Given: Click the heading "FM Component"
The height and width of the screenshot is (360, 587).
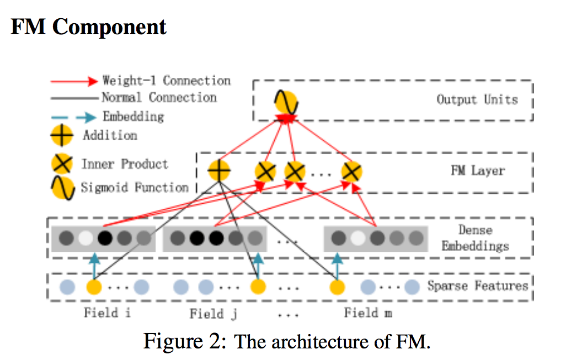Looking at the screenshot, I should point(88,27).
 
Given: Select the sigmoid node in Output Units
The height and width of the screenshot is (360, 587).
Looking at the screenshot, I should point(286,103).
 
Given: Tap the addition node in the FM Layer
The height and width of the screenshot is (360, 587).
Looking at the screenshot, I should point(219,171).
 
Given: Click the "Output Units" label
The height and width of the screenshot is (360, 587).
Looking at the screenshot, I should point(477,100).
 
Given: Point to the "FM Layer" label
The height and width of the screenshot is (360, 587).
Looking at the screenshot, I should point(477,170).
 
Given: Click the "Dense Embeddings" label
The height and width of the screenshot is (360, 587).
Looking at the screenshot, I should point(475,238).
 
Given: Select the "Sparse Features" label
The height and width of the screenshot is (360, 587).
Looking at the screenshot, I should point(478,286).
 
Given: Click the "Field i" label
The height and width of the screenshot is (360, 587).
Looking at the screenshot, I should point(108,313).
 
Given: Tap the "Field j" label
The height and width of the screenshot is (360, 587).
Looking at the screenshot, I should point(214,314).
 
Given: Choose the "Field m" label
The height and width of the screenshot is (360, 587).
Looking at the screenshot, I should point(368,313).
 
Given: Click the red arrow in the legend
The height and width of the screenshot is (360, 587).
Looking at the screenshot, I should point(74,82).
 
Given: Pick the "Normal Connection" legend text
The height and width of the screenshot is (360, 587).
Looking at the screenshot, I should point(159,98).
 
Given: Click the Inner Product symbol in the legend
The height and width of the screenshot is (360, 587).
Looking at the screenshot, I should point(62,165).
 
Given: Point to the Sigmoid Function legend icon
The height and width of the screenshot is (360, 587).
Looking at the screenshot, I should point(62,189).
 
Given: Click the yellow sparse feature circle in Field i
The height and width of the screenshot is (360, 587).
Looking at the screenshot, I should point(94,287).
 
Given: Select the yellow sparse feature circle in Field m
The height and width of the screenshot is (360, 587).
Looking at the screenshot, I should point(337,287).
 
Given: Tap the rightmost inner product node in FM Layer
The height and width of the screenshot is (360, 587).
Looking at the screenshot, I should point(351,172).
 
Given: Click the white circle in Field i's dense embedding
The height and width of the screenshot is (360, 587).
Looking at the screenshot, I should point(85,239).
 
